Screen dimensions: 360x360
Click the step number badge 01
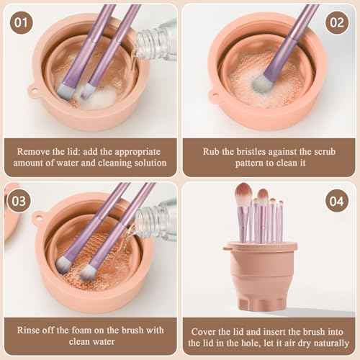coord(22,22)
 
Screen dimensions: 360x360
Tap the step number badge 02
coord(337,22)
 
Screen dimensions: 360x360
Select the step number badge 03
coord(22,201)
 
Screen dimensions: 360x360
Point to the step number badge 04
coord(337,201)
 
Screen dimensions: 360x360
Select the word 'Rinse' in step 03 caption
coord(33,330)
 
